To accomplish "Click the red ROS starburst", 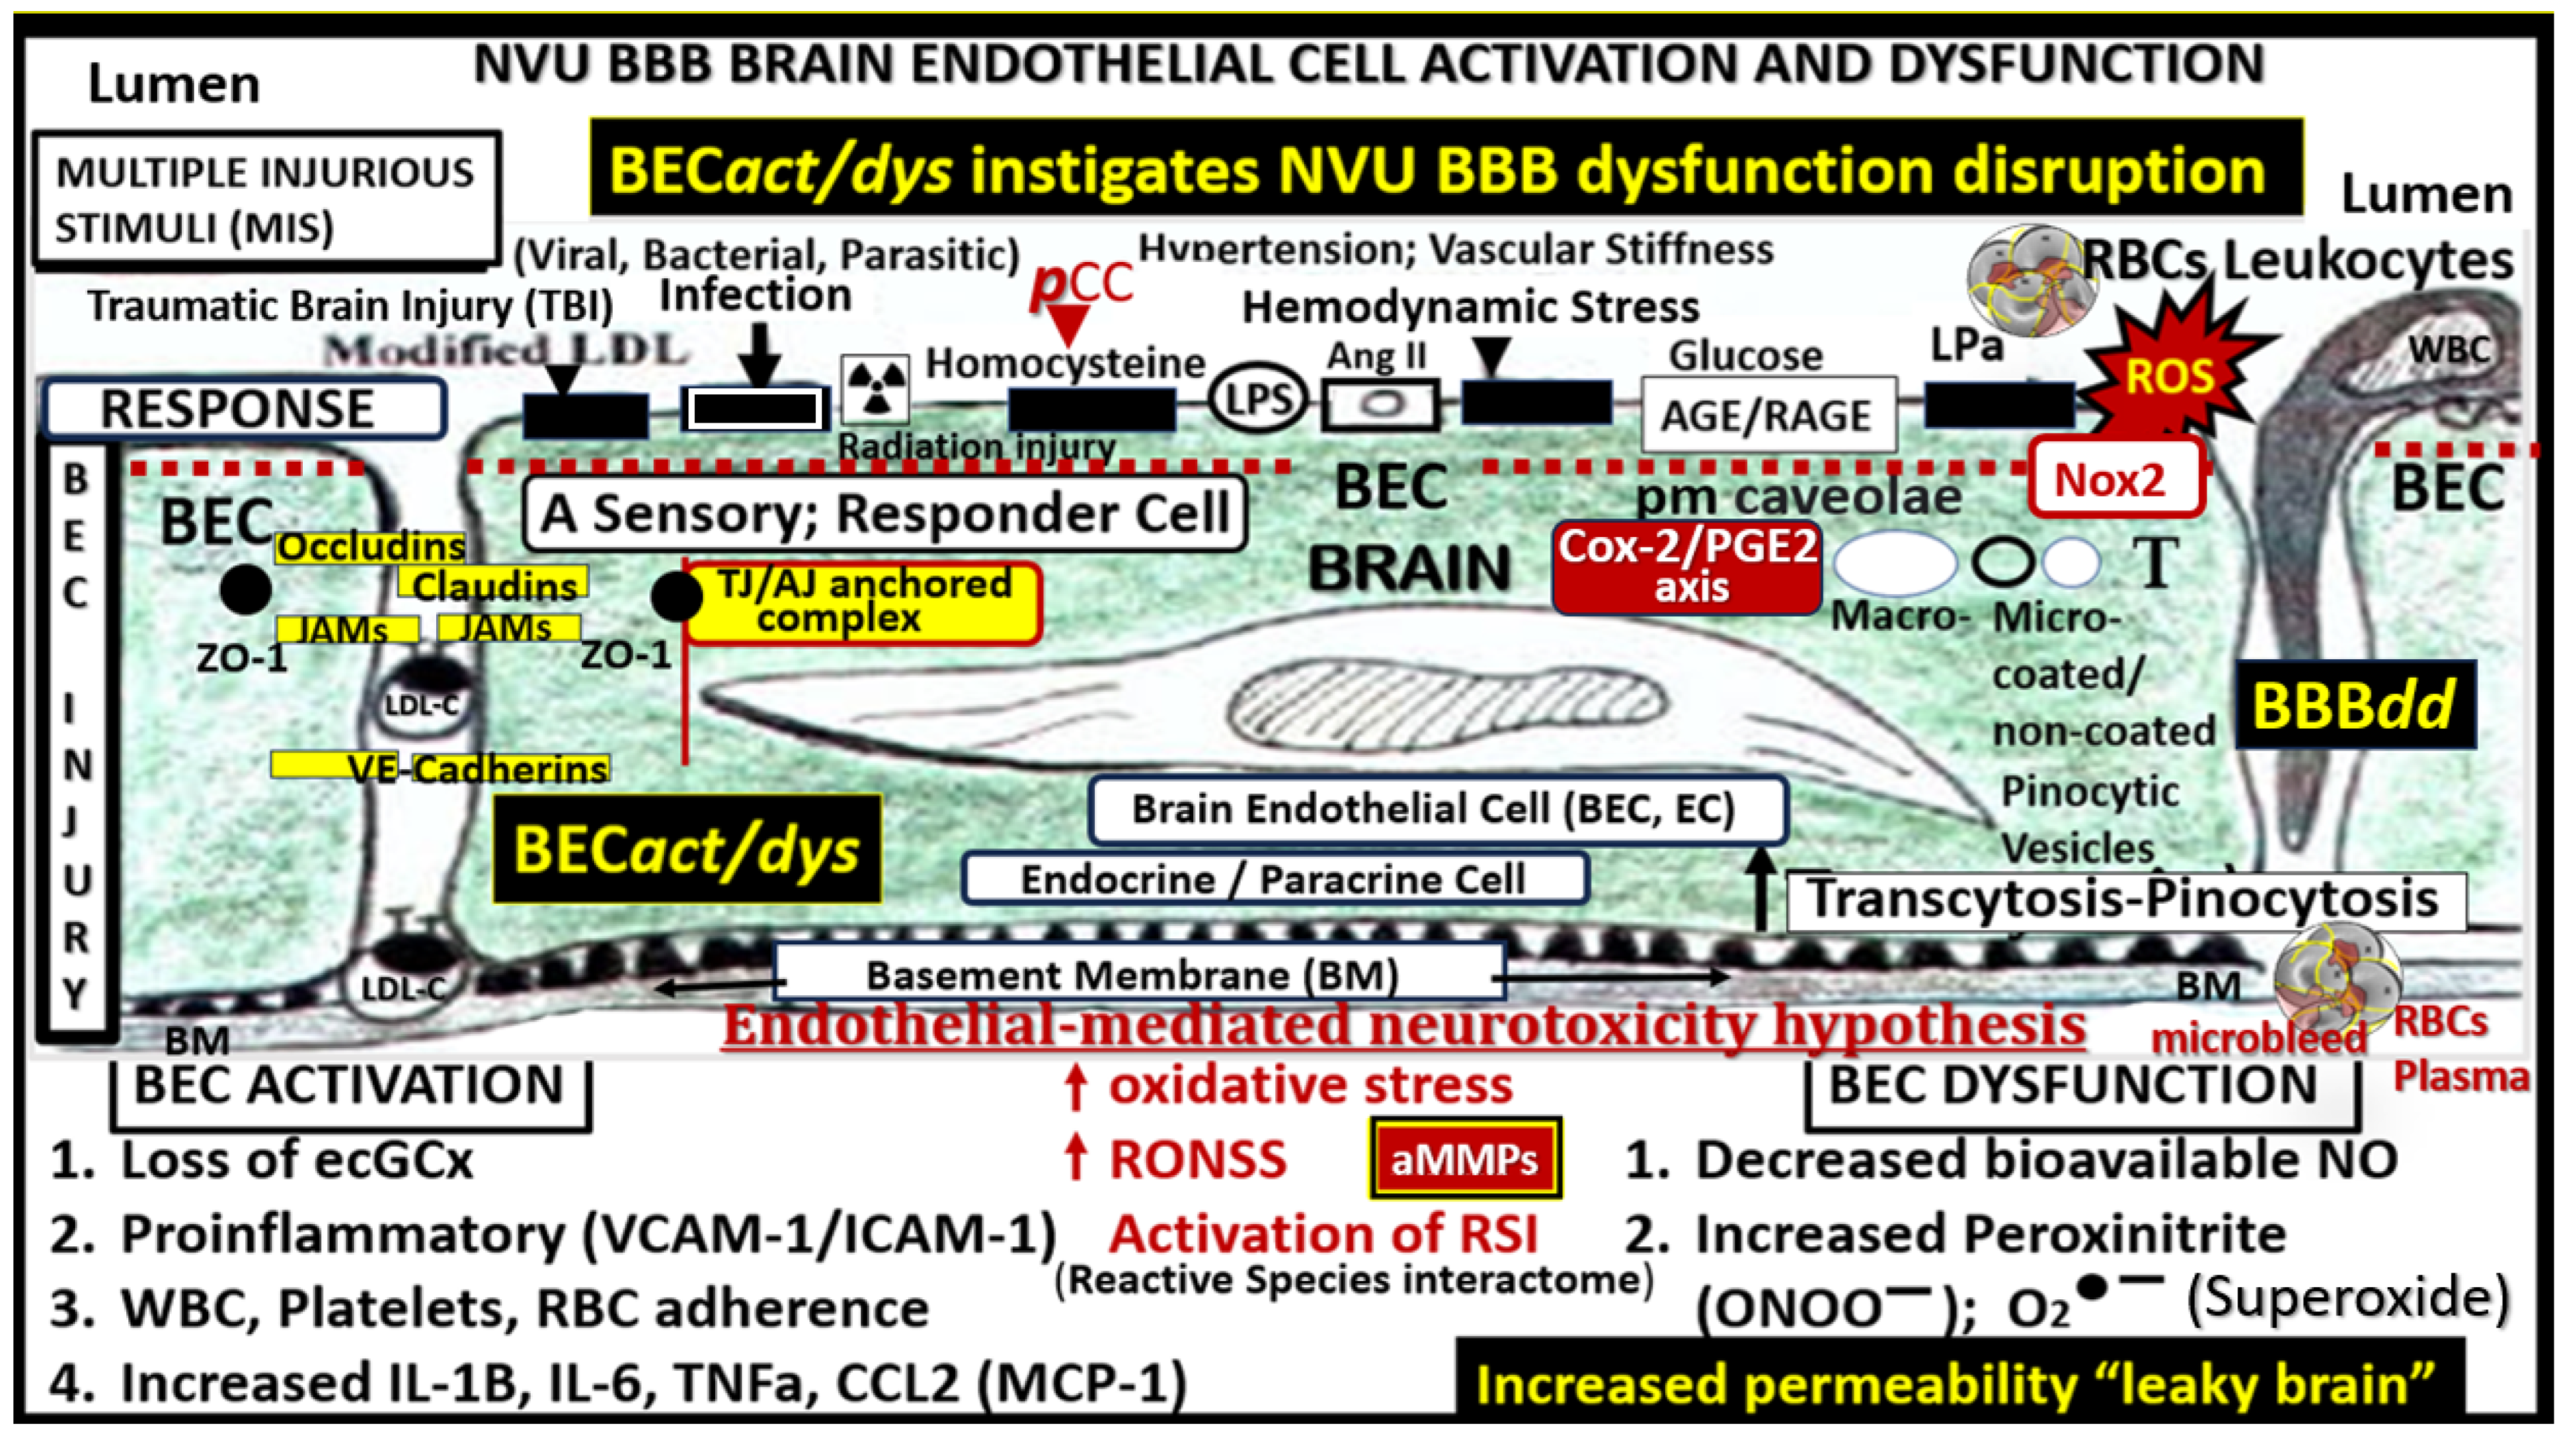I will tap(2170, 376).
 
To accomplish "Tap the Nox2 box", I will tap(2115, 479).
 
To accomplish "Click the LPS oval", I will tap(1257, 400).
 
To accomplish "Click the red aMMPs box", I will tap(1464, 1159).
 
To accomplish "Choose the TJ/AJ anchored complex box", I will tap(863, 602).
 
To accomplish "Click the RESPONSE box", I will tap(242, 408).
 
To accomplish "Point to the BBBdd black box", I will tap(2353, 705).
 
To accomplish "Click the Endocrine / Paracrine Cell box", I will tap(1273, 879).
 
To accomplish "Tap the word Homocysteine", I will tap(1064, 363).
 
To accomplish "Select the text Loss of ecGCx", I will tap(296, 1160).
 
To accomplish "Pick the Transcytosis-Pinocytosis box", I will tap(2122, 899).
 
